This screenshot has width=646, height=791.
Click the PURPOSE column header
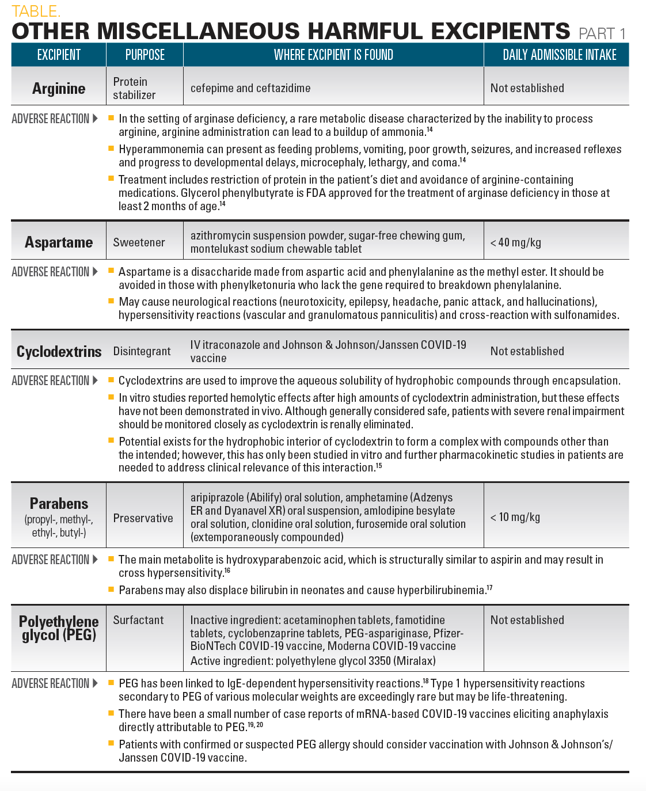point(145,55)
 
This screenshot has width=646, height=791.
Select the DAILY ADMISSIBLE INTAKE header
point(559,55)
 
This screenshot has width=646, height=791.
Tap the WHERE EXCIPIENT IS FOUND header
point(333,55)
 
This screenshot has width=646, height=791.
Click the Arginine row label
point(59,89)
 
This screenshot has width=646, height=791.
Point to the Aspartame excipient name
point(59,242)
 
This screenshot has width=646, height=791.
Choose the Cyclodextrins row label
point(59,352)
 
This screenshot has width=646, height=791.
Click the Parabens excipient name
point(59,504)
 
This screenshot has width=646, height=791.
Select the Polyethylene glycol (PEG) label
point(59,629)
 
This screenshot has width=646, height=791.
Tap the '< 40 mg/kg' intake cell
point(516,242)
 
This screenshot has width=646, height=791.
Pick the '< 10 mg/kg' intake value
point(515,517)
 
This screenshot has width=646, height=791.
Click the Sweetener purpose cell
point(139,242)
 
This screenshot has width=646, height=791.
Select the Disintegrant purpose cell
point(142,351)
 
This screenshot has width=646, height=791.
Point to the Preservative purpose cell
point(143,518)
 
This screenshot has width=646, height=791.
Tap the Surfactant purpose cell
point(138,620)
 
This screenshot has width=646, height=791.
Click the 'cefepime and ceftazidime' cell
point(250,88)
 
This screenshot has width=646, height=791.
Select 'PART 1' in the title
point(602,33)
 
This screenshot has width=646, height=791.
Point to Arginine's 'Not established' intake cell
point(527,88)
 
